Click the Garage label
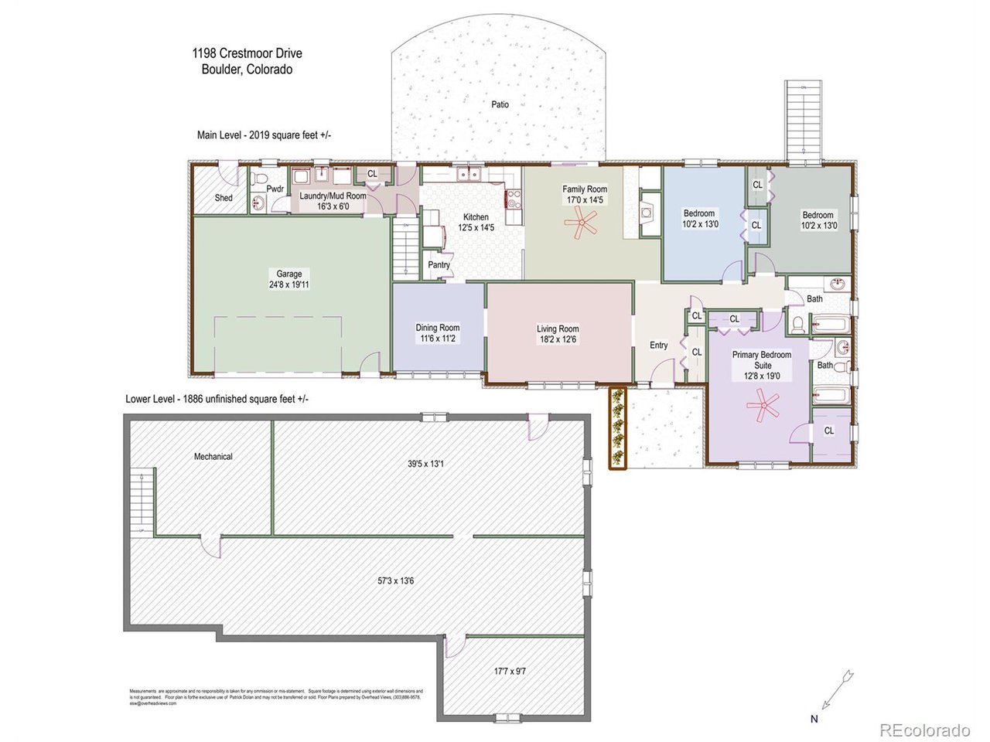[289, 274]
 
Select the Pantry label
[439, 265]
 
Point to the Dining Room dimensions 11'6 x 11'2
[438, 339]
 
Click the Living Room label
[558, 328]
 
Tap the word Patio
[500, 104]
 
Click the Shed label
[224, 198]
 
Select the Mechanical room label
[213, 456]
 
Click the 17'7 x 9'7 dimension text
[509, 671]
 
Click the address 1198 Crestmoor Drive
[247, 54]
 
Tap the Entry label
[658, 345]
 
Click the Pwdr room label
[275, 188]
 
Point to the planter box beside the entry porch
[616, 427]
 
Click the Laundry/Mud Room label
[333, 196]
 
